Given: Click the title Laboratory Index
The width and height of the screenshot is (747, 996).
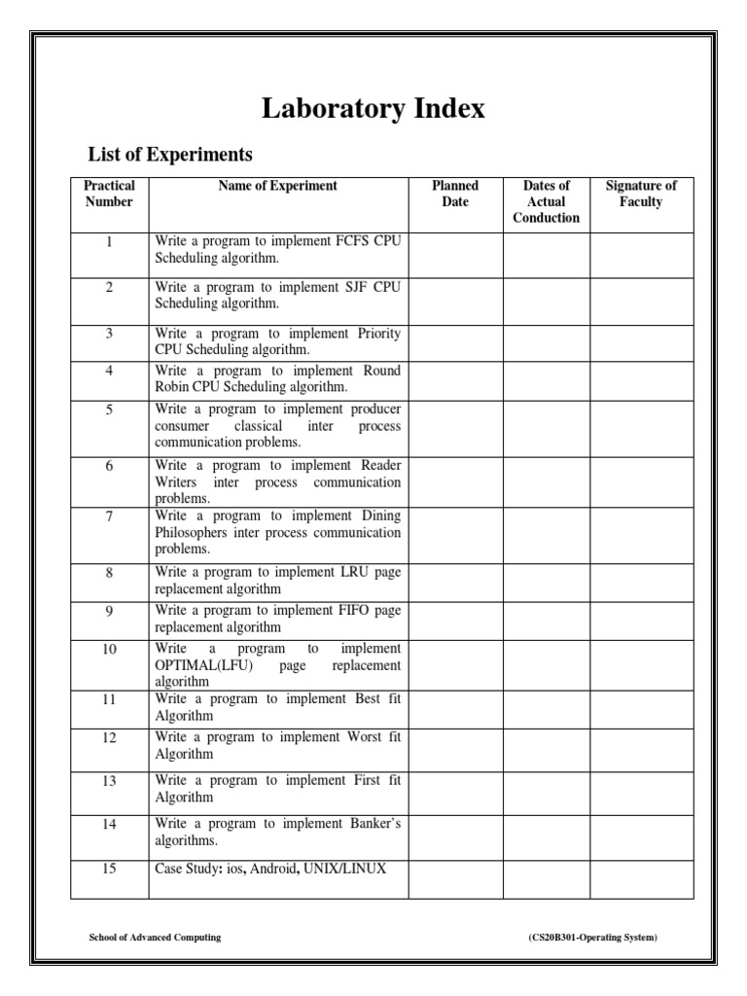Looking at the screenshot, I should pyautogui.click(x=373, y=109).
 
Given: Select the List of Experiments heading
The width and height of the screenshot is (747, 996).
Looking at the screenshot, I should pyautogui.click(x=170, y=154).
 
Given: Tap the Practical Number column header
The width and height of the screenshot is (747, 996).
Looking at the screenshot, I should pyautogui.click(x=109, y=194).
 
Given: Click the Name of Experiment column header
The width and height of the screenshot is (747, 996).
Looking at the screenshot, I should pyautogui.click(x=277, y=186).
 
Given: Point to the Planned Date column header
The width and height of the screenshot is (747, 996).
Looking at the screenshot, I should pyautogui.click(x=455, y=194).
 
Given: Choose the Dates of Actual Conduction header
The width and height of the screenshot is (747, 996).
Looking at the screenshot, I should pyautogui.click(x=546, y=201).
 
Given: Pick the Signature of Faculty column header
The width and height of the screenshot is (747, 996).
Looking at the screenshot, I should pyautogui.click(x=641, y=194).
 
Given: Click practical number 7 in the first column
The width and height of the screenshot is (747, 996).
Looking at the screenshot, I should pyautogui.click(x=109, y=516).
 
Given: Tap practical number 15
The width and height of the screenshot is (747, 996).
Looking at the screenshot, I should pyautogui.click(x=109, y=869).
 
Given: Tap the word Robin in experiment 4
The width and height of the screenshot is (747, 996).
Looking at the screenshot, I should pyautogui.click(x=172, y=387).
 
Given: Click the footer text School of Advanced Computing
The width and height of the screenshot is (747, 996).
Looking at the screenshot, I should pyautogui.click(x=155, y=937).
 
